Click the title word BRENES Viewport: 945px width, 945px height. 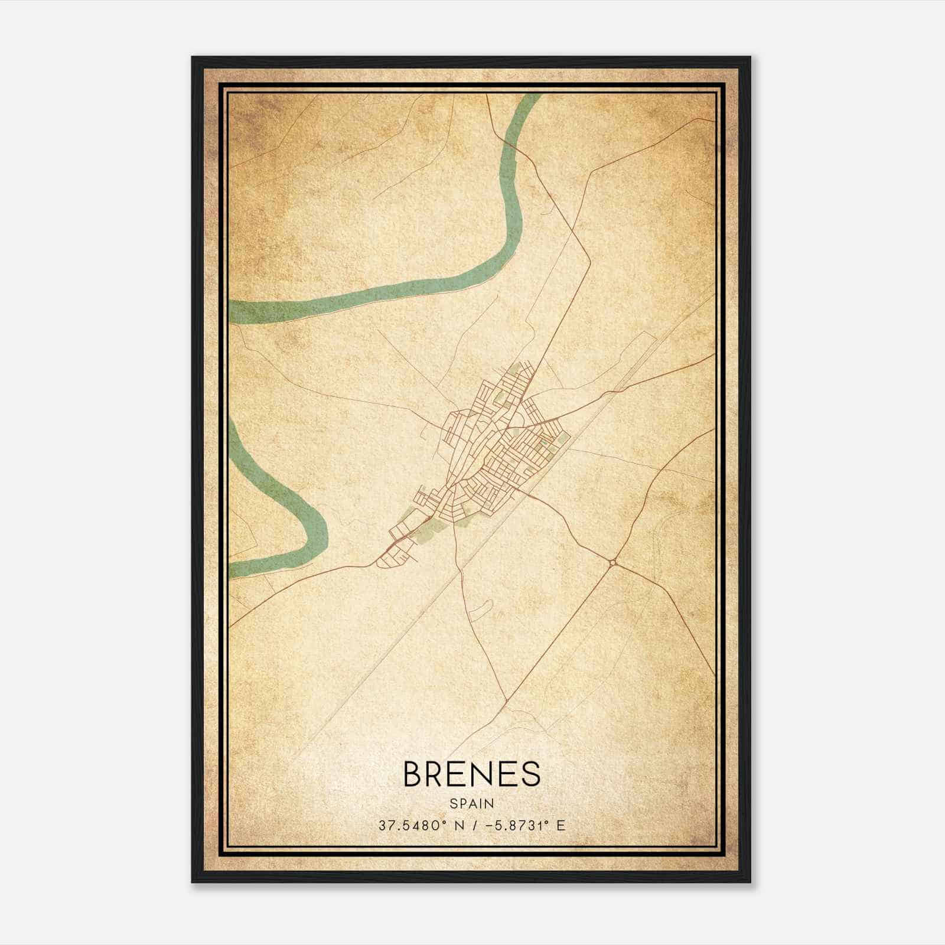[x=471, y=774]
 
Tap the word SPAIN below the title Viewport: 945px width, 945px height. [x=471, y=804]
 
